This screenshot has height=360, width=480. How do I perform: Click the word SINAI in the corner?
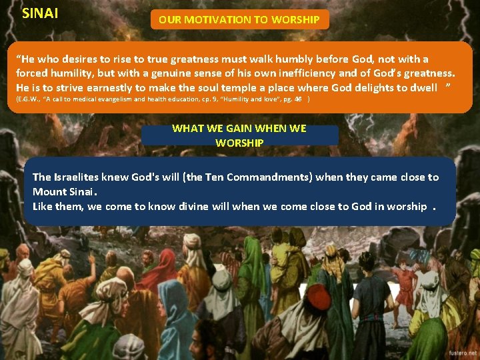pos(39,12)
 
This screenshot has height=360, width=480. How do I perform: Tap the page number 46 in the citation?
pos(299,99)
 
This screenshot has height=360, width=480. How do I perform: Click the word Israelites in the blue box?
pos(80,177)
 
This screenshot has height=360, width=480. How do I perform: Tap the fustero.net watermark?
pos(461,351)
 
